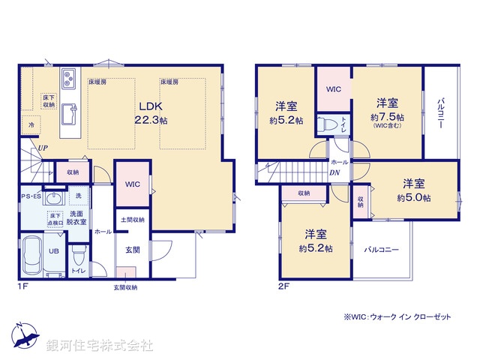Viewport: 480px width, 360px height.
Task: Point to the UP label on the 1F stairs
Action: point(44,148)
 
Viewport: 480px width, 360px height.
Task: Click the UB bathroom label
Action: point(54,251)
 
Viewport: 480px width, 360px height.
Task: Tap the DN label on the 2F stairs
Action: point(334,172)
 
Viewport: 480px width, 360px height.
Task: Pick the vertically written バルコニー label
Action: point(441,112)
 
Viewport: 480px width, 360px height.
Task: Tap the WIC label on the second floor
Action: point(334,89)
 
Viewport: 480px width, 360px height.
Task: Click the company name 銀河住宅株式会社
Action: point(100,346)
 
